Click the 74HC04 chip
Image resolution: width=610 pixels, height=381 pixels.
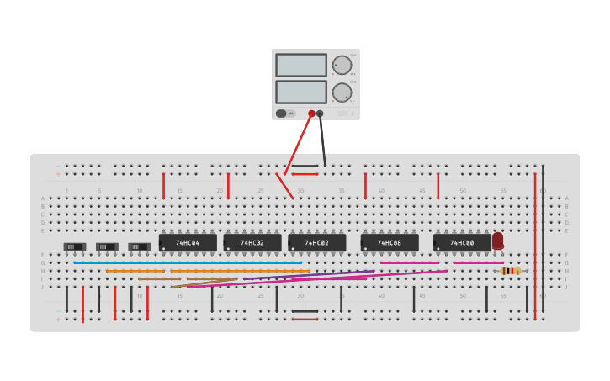[188, 243]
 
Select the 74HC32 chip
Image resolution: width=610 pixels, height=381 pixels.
[252, 243]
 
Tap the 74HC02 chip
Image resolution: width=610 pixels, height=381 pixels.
[317, 243]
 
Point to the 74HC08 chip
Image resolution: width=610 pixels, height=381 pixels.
[390, 243]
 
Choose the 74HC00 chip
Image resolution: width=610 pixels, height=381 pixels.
[462, 243]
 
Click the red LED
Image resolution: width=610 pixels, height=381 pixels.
[498, 241]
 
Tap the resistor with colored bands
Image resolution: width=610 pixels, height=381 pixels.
[510, 271]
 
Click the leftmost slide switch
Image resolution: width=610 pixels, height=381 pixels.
[74, 246]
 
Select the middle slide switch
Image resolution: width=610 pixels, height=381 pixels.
[107, 246]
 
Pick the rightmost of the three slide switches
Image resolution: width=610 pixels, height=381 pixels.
[139, 246]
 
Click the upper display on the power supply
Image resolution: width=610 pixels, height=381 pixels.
[300, 66]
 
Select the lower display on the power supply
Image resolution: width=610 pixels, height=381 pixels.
[300, 92]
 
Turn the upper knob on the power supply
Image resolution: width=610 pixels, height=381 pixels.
[342, 66]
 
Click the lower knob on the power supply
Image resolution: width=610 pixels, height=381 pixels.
[342, 92]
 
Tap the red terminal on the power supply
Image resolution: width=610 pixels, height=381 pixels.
[311, 114]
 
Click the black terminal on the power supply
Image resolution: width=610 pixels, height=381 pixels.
[320, 114]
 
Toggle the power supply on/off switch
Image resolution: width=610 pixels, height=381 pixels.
[282, 114]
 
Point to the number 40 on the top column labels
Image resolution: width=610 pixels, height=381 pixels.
[381, 191]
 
